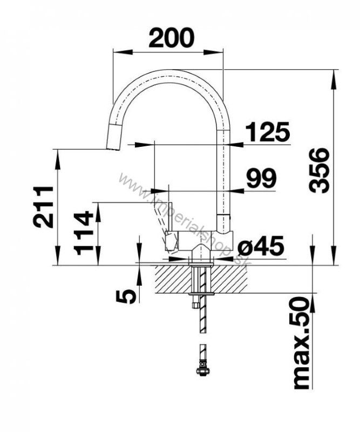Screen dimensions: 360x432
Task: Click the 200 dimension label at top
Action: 171,37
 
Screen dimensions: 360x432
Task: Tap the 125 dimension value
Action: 268,131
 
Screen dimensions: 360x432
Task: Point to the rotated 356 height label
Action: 319,170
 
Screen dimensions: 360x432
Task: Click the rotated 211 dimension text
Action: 43,207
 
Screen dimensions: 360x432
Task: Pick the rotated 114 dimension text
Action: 84,233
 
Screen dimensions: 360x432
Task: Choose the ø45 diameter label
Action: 261,246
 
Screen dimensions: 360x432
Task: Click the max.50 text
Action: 301,343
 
